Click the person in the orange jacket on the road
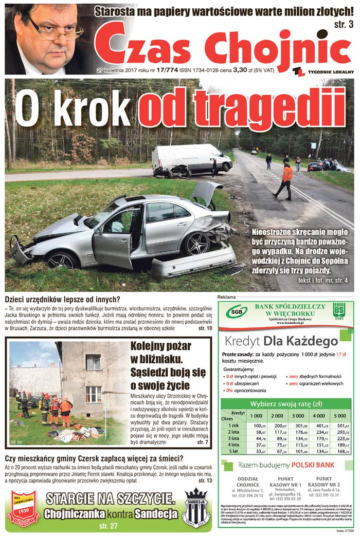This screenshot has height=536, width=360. coord(285,180)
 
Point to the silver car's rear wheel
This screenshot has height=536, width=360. coord(195,243)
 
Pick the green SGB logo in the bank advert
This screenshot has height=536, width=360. coord(237,311)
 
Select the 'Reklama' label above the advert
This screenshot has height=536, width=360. coord(227,298)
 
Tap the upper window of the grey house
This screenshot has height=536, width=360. coord(93,362)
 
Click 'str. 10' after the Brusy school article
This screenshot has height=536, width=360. coord(203,328)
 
